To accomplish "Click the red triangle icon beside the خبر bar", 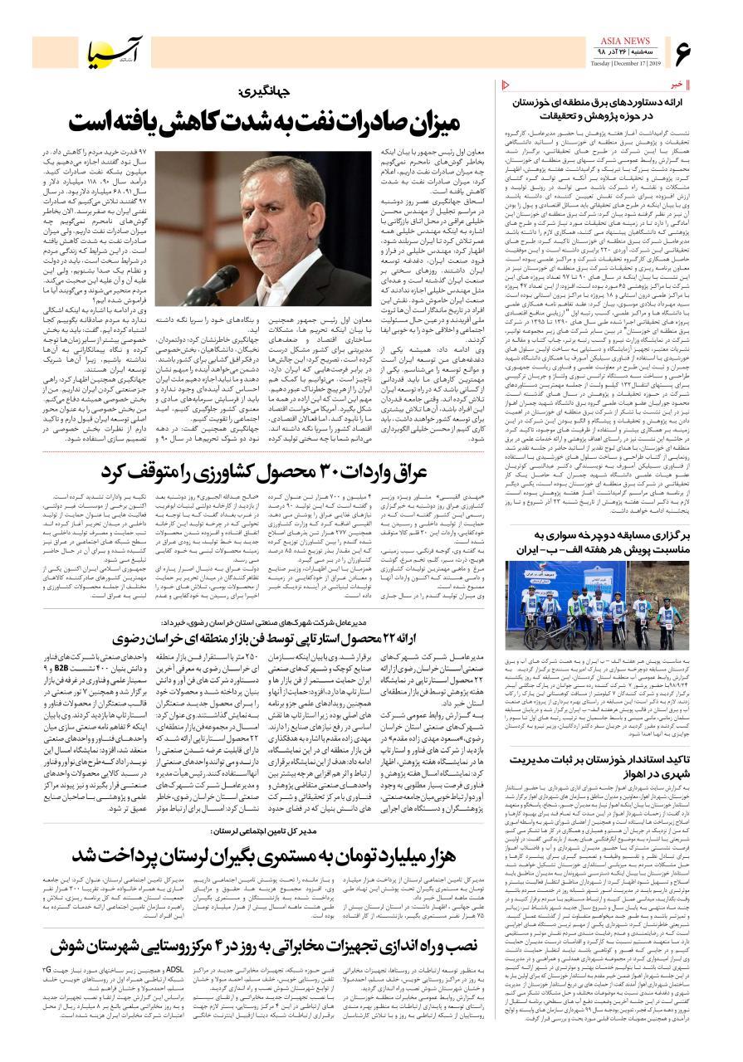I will (507, 84).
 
